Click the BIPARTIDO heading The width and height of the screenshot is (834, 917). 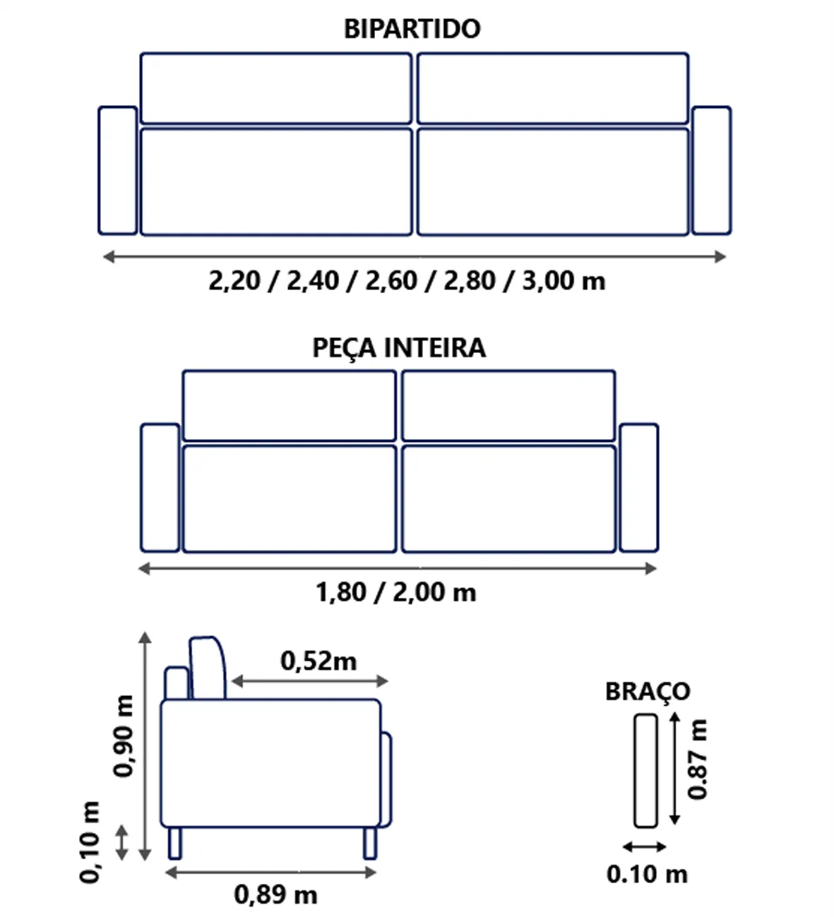[x=412, y=29]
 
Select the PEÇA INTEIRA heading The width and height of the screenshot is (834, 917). [x=398, y=348]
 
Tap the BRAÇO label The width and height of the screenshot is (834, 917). [x=648, y=692]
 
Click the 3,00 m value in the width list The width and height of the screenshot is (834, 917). [x=563, y=281]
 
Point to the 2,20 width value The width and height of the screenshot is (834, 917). [x=234, y=281]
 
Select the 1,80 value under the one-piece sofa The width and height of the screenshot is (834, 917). [x=341, y=592]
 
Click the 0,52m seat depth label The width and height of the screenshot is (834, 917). [x=318, y=661]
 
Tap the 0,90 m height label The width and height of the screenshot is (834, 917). [x=124, y=736]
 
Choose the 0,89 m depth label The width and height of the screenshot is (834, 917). [x=275, y=894]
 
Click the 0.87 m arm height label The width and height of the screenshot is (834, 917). [x=697, y=760]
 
